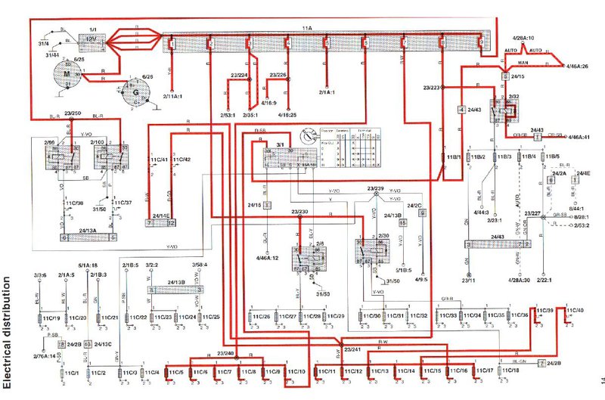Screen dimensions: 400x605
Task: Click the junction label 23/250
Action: tap(73, 113)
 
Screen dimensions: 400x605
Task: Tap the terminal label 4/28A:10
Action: tap(523, 37)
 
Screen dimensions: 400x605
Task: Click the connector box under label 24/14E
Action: tap(161, 224)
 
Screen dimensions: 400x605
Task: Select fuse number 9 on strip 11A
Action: tap(480, 43)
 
